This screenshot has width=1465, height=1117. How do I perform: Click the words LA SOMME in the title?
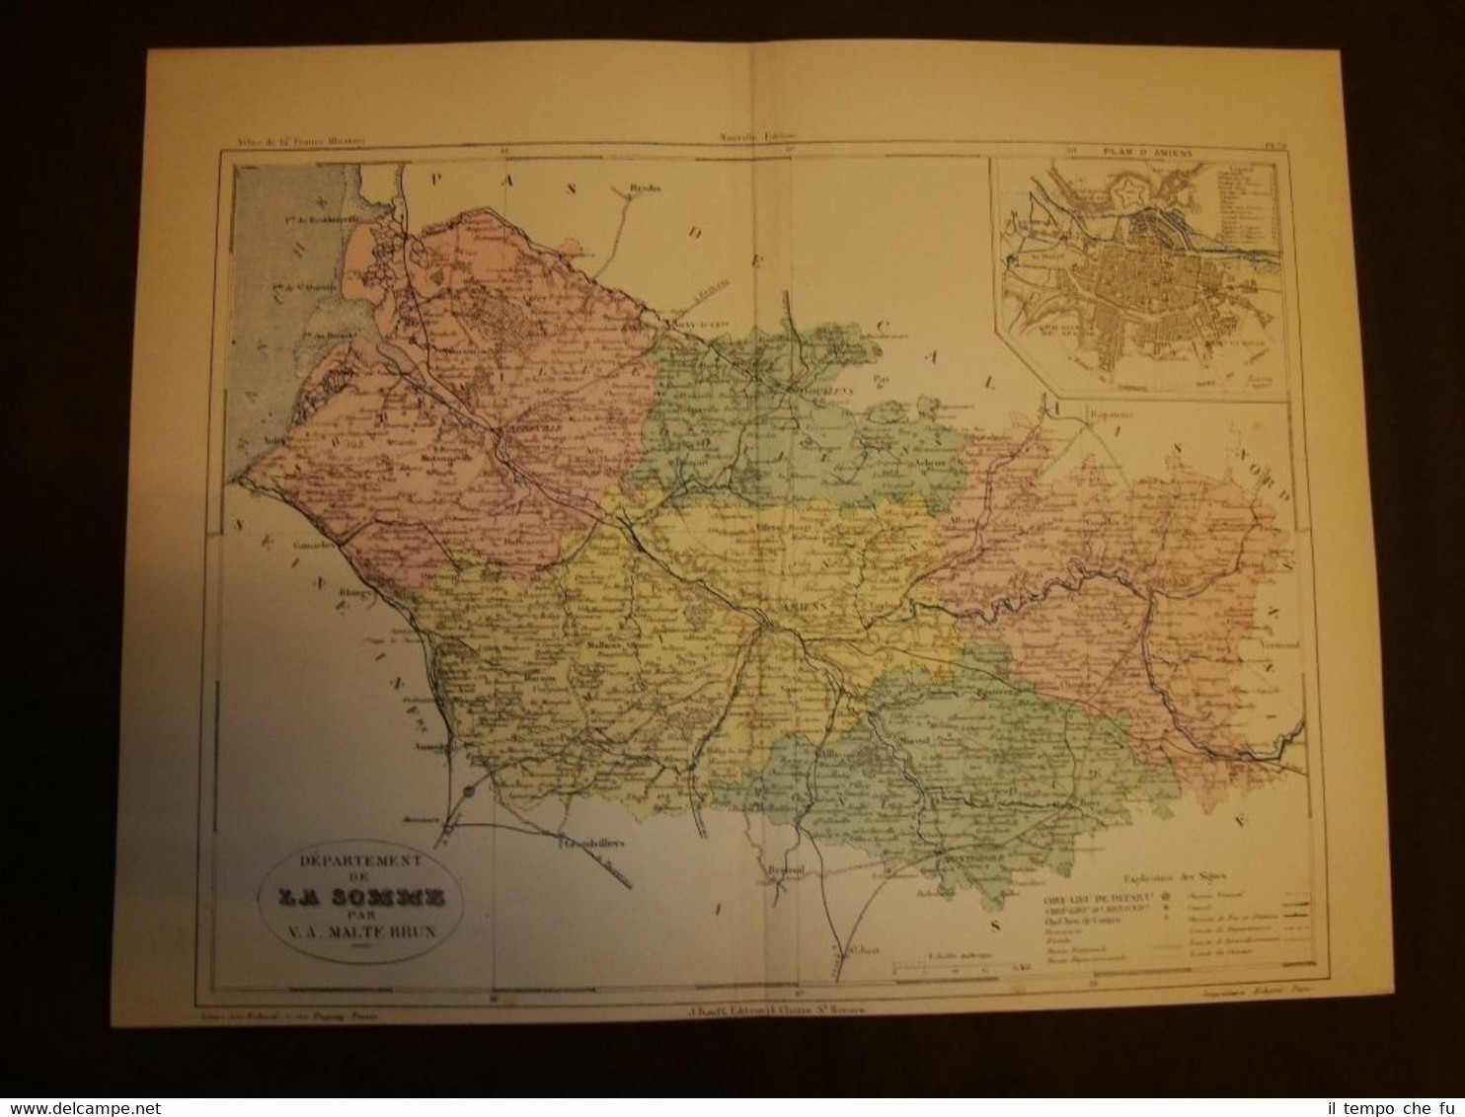click(x=352, y=897)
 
